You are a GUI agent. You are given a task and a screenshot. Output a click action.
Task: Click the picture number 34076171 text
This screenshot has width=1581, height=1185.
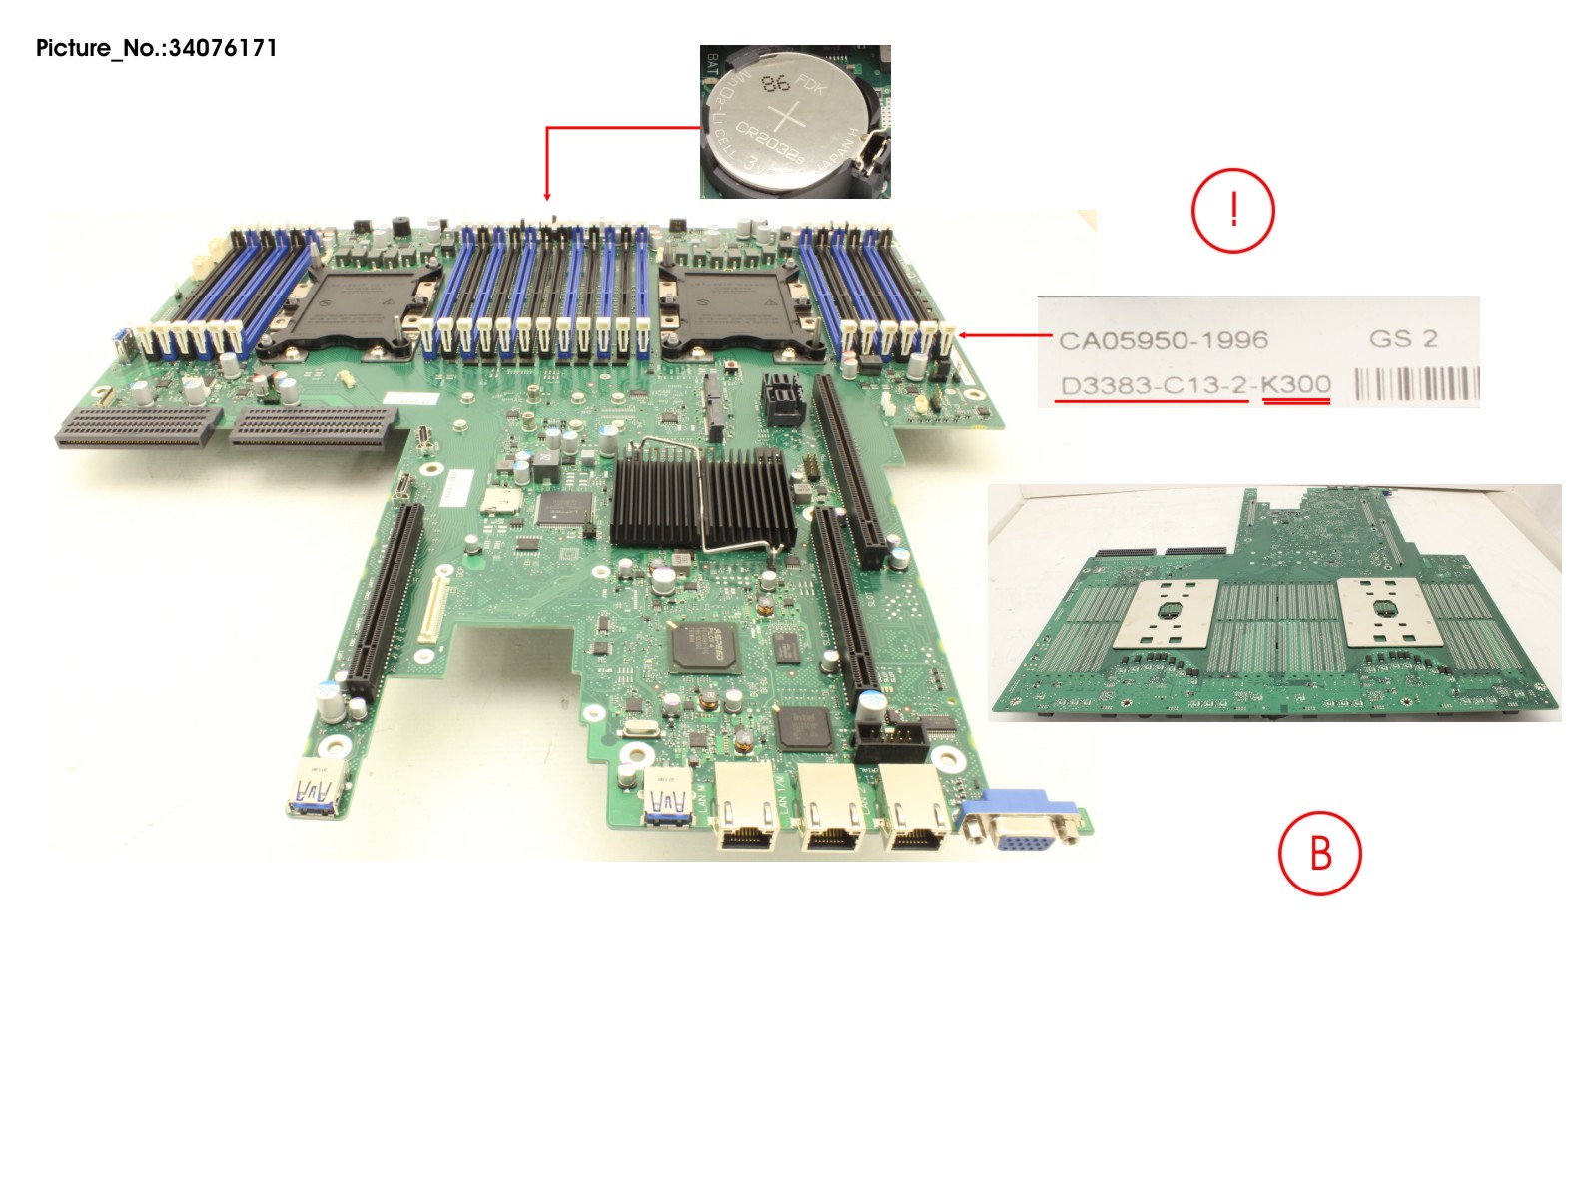point(156,48)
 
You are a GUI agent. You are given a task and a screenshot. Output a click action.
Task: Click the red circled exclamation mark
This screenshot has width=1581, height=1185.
point(1232,210)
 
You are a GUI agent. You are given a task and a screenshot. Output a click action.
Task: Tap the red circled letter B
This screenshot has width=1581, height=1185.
point(1319,854)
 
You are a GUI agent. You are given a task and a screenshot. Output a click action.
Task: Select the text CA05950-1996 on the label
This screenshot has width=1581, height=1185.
point(1163,340)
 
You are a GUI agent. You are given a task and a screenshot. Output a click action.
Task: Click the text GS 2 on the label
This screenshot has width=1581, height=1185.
point(1402,338)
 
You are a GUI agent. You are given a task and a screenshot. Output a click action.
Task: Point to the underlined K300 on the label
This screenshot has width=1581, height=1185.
point(1295,384)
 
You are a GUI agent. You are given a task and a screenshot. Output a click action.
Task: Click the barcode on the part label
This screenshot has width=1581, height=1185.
point(1415,384)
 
